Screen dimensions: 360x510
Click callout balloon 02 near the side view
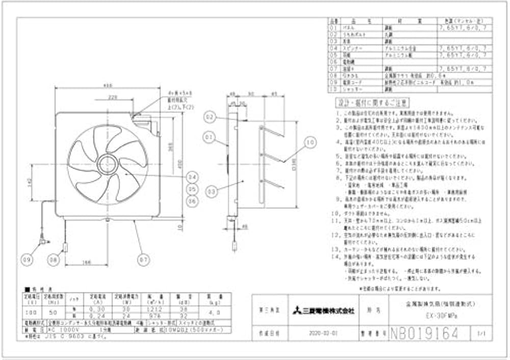pyautogui.click(x=210, y=116)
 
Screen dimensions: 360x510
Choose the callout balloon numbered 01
pyautogui.click(x=210, y=137)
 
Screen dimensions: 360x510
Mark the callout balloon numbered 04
pyautogui.click(x=192, y=177)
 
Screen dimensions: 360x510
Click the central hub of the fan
pyautogui.click(x=108, y=164)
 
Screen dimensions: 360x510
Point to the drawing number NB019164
pyautogui.click(x=423, y=333)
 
